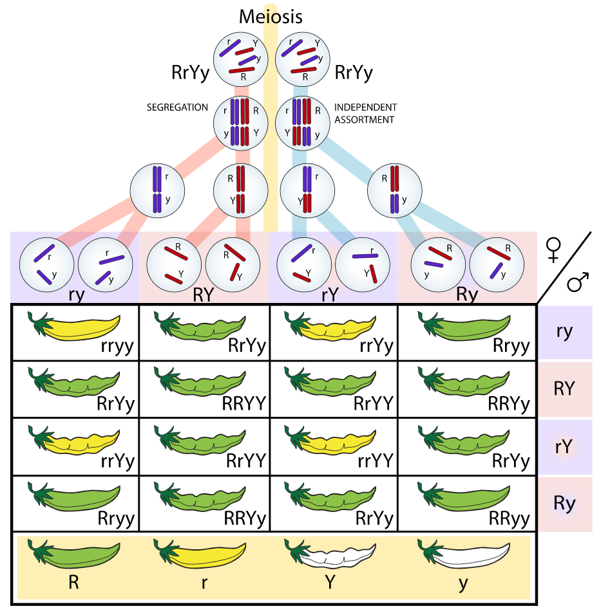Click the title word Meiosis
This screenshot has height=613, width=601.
click(x=270, y=16)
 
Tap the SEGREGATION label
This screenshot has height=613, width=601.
click(x=178, y=107)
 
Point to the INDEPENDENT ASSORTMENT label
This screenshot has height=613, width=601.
click(x=366, y=113)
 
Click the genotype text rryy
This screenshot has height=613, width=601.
click(x=117, y=346)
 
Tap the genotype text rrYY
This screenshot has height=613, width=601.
click(x=375, y=461)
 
